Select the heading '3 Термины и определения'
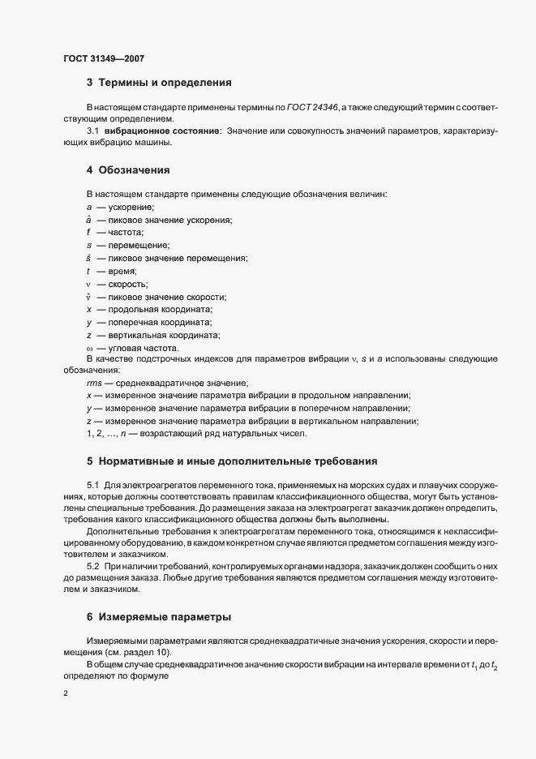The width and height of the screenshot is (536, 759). tap(159, 83)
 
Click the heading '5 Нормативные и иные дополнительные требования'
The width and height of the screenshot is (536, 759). tap(233, 462)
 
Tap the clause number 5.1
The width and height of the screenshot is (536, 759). tap(93, 484)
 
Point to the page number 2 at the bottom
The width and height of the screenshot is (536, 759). tap(65, 693)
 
